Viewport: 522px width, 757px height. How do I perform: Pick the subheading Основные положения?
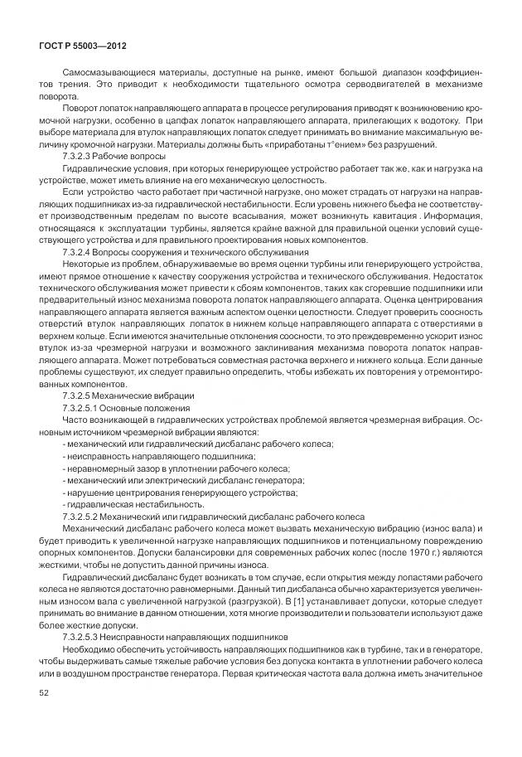(149, 408)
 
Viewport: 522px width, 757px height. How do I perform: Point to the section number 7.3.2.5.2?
(87, 516)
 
